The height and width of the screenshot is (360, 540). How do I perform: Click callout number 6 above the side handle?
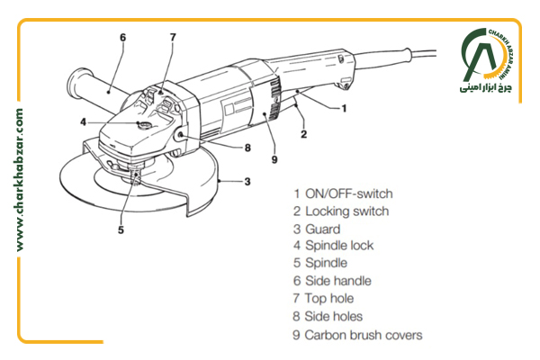point(123,37)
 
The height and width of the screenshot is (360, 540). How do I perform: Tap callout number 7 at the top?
point(173,37)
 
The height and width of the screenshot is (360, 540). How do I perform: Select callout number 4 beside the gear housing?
point(83,122)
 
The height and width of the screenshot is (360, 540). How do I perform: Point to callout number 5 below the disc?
point(121,229)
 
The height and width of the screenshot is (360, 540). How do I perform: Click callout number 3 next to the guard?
point(247,182)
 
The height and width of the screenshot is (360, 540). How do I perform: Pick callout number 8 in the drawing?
point(247,148)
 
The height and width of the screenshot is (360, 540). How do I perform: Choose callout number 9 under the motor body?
point(274,159)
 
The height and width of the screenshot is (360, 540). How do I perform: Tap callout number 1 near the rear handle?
point(344,109)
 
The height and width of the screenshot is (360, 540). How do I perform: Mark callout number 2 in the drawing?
point(303,134)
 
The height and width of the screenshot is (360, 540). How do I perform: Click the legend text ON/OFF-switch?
point(349,193)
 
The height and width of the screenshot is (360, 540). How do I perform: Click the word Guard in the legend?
point(323,229)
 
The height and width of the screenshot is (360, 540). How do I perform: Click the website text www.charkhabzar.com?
point(19,180)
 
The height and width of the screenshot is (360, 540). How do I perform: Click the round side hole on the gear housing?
point(180,137)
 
